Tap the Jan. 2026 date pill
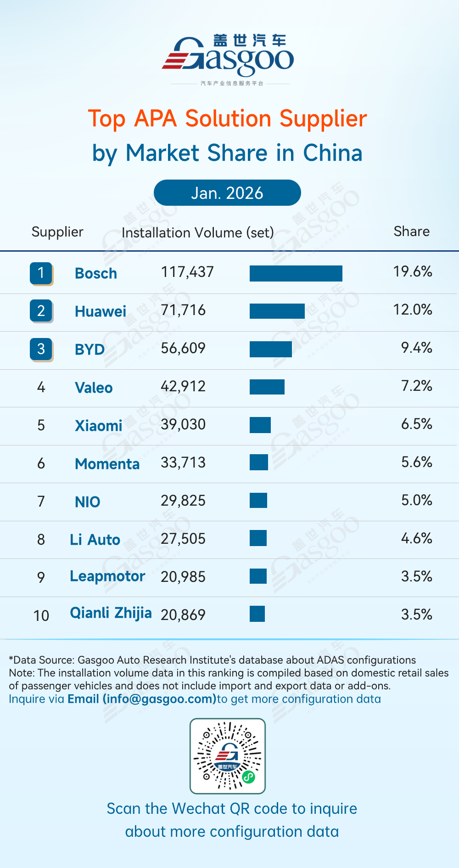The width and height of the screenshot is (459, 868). point(227,193)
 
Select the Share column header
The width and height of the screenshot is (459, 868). point(411,231)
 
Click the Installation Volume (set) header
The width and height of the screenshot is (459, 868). point(197,232)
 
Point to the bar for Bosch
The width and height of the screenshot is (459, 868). point(296,273)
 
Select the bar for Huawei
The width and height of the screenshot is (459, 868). point(277,311)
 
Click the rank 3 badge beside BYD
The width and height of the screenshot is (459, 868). point(41,349)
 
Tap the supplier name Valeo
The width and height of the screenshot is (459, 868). point(94,388)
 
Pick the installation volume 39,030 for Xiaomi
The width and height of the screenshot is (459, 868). point(183,424)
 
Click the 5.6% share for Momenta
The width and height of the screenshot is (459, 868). point(416,462)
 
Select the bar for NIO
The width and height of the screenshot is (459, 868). point(258,500)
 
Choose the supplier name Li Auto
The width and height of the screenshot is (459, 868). point(95,540)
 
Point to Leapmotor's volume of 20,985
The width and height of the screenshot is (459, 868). point(183,577)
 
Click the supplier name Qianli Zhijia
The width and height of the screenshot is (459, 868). point(111,613)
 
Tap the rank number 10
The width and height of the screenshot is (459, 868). point(41,615)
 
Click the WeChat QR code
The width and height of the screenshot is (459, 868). point(228,756)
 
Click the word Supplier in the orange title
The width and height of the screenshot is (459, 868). point(323,119)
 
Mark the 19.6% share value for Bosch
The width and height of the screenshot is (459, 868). point(412,271)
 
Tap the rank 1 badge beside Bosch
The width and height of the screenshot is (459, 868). point(41,273)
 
